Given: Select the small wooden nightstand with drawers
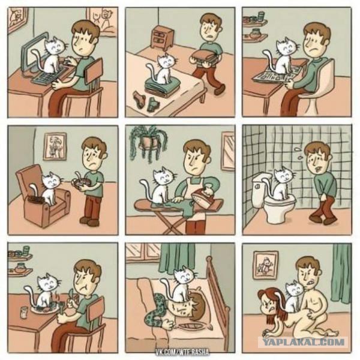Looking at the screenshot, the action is coord(163,37).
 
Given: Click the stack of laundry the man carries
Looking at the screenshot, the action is coord(205,57).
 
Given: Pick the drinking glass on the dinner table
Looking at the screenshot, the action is coord(23,312).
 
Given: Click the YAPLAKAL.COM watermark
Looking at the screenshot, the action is coord(304,343).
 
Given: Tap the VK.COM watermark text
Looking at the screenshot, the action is coord(182,352).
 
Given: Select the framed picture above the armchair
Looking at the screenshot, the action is coord(55,146).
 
